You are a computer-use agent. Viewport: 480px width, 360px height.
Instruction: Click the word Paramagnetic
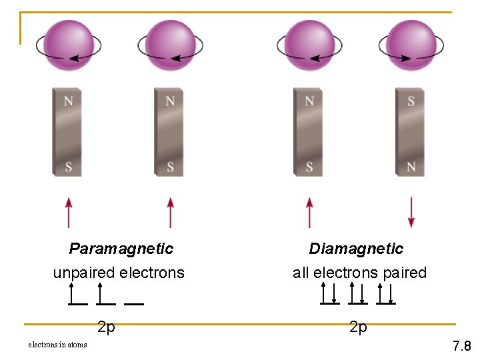tap(121, 249)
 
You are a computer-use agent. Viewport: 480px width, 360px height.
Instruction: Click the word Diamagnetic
tap(356, 249)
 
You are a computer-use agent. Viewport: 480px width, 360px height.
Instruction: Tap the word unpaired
tap(83, 273)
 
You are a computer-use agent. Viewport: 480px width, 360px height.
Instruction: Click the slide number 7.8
tap(461, 346)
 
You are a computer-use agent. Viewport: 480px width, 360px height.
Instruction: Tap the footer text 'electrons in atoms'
tap(57, 345)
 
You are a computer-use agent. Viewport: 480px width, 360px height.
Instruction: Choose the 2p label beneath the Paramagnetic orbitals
tap(106, 327)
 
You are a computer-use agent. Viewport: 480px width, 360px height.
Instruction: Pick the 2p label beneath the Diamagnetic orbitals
tap(358, 327)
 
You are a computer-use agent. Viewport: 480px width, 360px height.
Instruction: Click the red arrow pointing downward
tap(411, 212)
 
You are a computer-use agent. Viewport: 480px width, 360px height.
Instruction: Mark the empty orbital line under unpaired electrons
tap(134, 303)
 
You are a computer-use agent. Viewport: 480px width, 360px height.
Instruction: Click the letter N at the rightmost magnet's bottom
tap(411, 167)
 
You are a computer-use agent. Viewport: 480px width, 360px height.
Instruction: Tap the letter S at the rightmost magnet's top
tap(411, 101)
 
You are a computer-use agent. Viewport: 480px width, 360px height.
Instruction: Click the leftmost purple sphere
tap(69, 45)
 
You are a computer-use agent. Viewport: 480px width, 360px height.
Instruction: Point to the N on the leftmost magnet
tap(68, 101)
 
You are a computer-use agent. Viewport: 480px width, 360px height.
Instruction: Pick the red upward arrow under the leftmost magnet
tap(68, 212)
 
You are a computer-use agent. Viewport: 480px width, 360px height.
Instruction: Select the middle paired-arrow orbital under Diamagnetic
tap(357, 293)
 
